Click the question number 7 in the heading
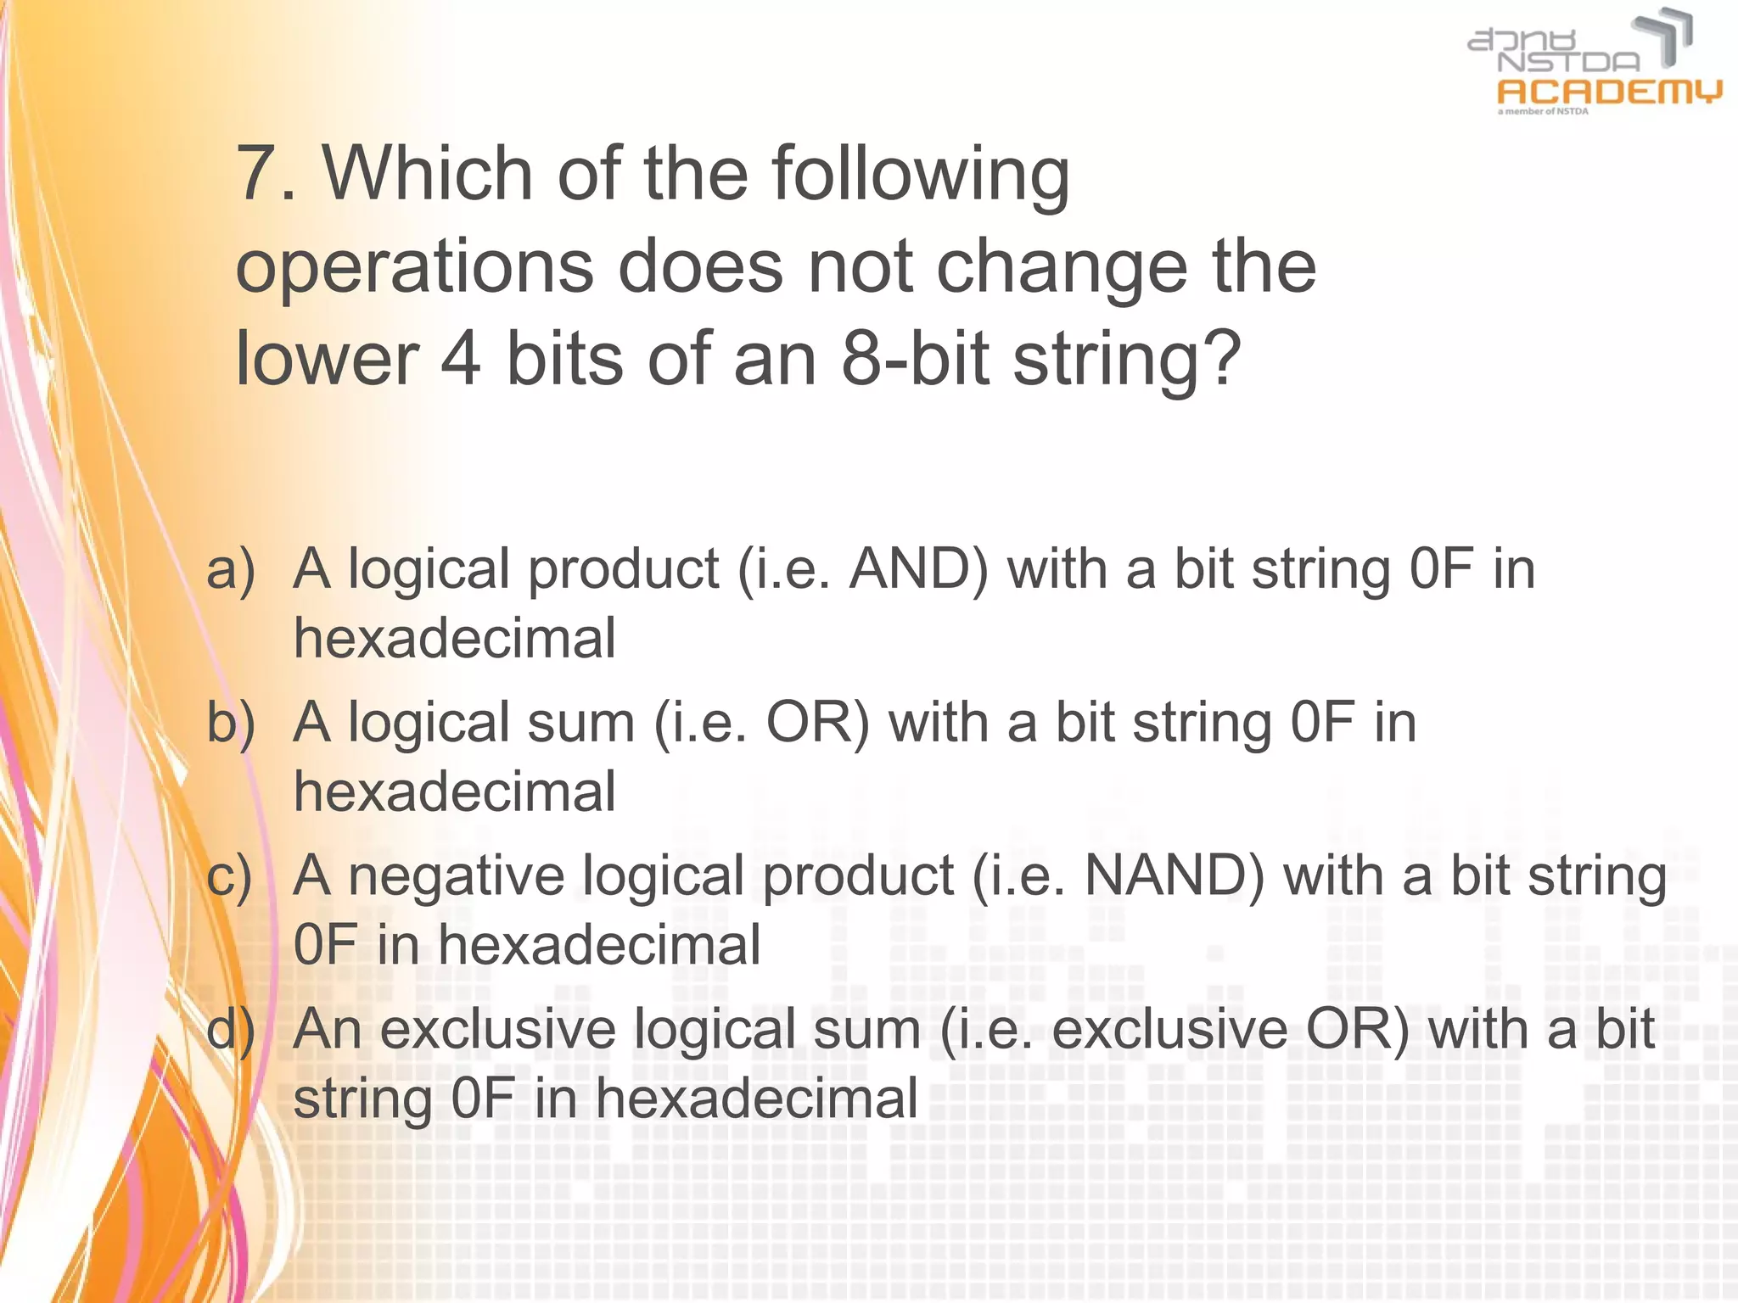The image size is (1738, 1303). (257, 174)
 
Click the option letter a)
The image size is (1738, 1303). (231, 568)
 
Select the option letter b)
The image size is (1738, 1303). (231, 723)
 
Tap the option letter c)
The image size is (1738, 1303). (230, 876)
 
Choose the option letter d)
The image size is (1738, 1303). (231, 1030)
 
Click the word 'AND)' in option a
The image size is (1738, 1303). (918, 568)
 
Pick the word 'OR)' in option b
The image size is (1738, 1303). (818, 723)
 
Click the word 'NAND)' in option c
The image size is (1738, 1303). (1175, 876)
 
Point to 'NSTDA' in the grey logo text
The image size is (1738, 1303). (1569, 62)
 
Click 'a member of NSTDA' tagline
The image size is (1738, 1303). (1543, 111)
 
